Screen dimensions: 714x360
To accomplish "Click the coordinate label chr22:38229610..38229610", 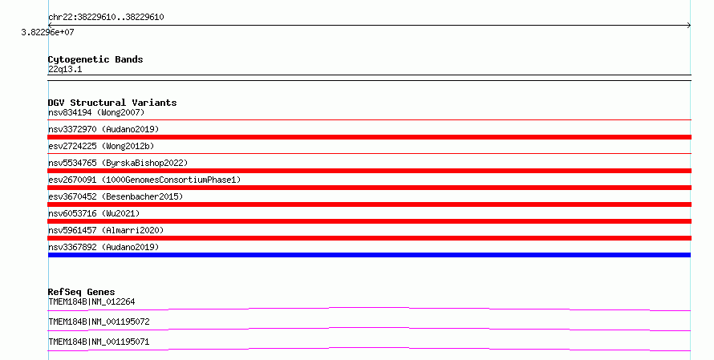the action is pyautogui.click(x=106, y=18).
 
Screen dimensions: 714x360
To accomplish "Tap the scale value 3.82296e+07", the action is pyautogui.click(x=48, y=32).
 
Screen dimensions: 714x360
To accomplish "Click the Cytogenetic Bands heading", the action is pyautogui.click(x=95, y=59).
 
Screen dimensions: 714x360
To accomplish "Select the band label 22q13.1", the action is pyautogui.click(x=65, y=69).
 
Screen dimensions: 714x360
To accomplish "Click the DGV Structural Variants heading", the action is pyautogui.click(x=112, y=103).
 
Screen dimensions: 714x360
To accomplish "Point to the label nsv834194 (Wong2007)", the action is pyautogui.click(x=96, y=112).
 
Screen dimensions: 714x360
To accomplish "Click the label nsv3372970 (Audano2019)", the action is pyautogui.click(x=103, y=129).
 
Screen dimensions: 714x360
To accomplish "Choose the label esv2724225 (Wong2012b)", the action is pyautogui.click(x=101, y=146).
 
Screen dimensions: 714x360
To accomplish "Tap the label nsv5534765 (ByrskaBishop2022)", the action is pyautogui.click(x=118, y=163).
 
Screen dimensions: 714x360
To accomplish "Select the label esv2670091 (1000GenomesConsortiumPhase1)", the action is pyautogui.click(x=144, y=180).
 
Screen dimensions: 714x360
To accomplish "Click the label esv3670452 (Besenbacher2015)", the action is pyautogui.click(x=116, y=196).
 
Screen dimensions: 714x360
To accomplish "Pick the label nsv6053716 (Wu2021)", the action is pyautogui.click(x=94, y=213).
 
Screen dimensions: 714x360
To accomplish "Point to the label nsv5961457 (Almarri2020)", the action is pyautogui.click(x=106, y=230).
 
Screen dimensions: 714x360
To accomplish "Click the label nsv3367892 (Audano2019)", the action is pyautogui.click(x=103, y=247).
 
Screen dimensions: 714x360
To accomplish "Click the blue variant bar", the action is pyautogui.click(x=369, y=255).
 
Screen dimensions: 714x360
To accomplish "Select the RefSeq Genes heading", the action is pyautogui.click(x=82, y=292).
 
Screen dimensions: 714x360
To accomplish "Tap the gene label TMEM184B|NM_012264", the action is pyautogui.click(x=91, y=301).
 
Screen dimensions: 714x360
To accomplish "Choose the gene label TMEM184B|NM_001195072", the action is pyautogui.click(x=99, y=322).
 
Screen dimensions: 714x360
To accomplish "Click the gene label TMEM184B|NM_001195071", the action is pyautogui.click(x=99, y=342).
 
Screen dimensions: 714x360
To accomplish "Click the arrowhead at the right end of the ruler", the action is pyautogui.click(x=690, y=26).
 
